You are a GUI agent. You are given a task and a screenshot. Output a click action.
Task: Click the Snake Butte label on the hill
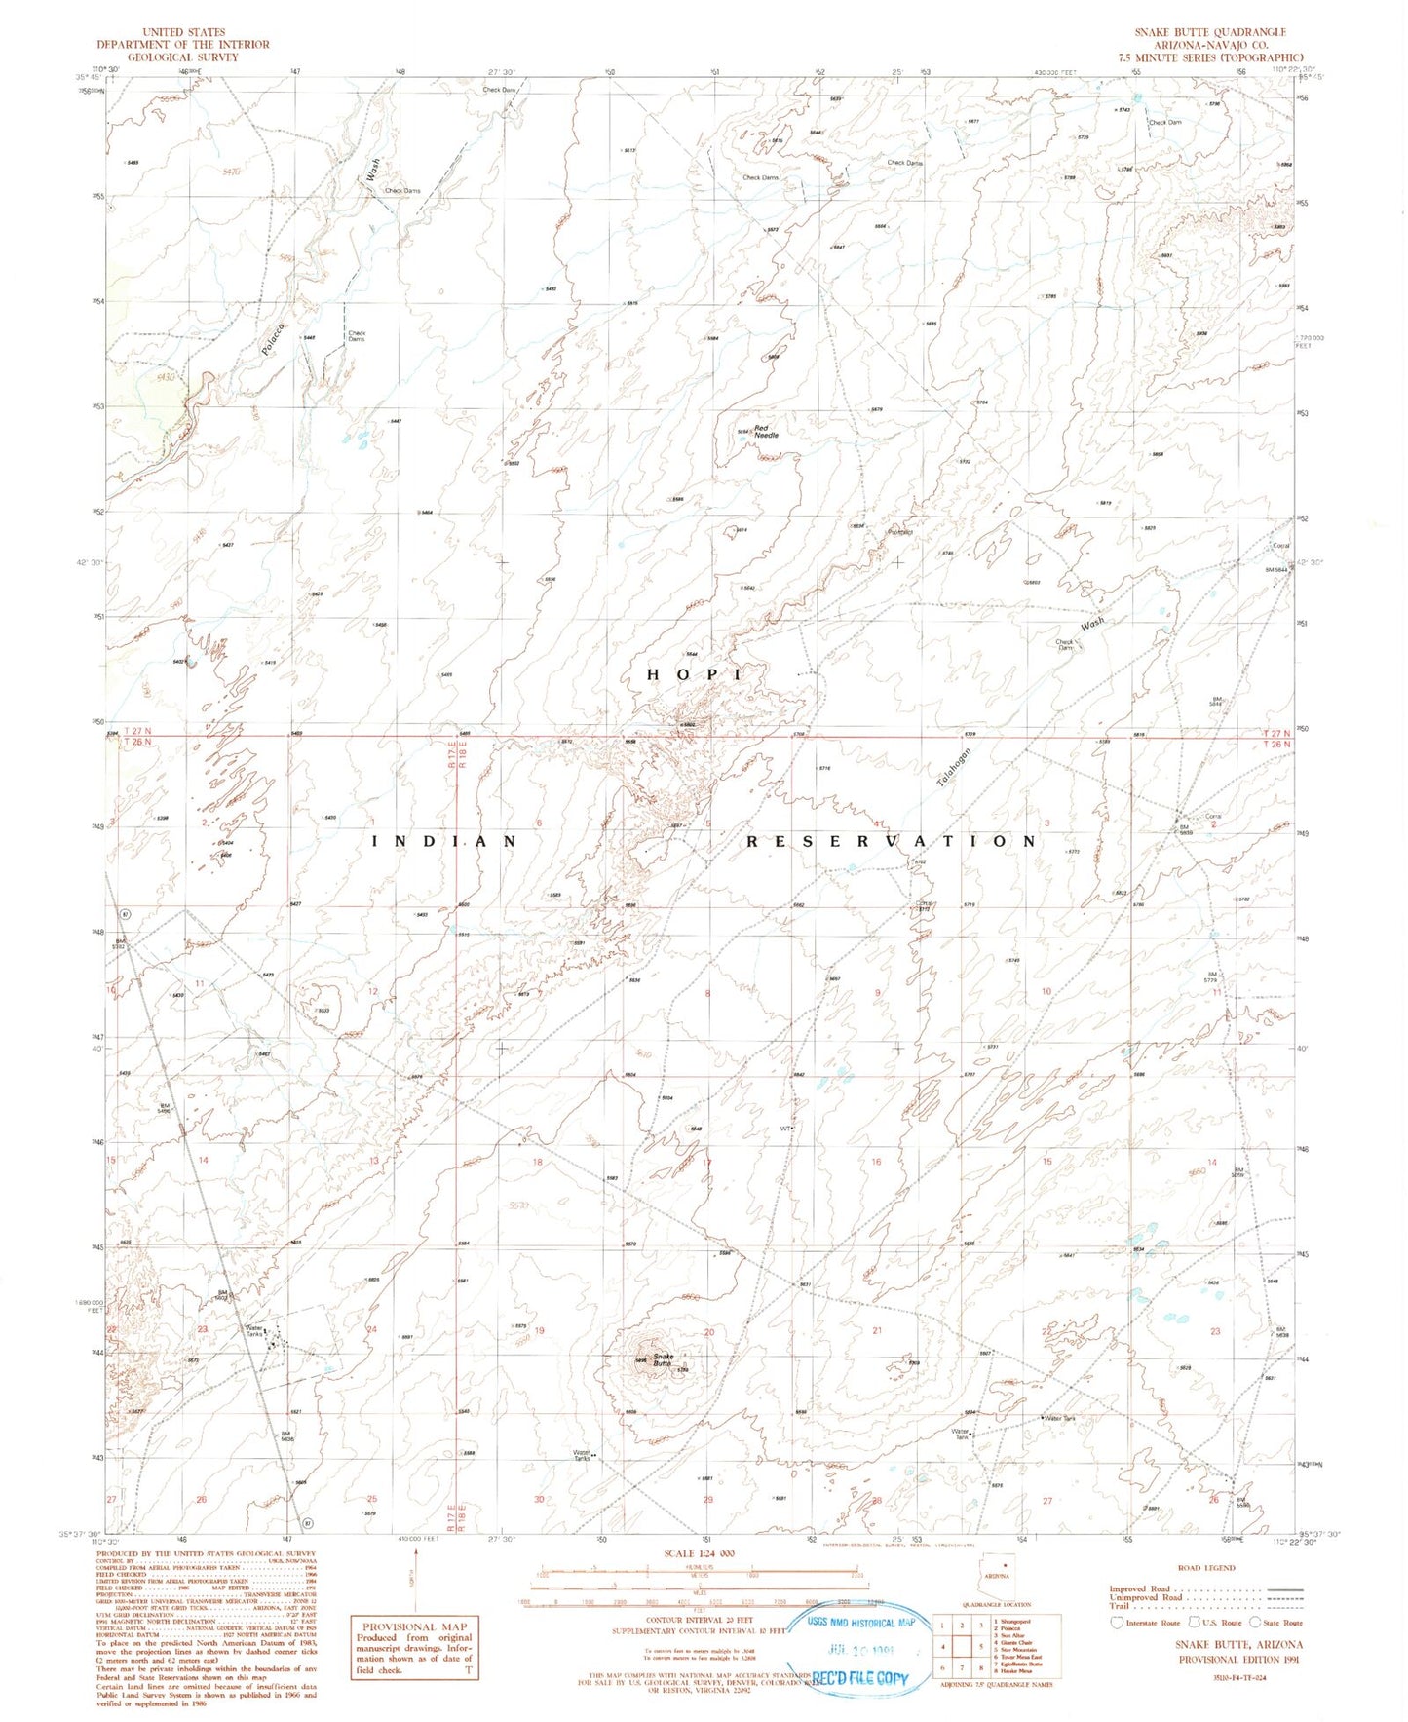(664, 1360)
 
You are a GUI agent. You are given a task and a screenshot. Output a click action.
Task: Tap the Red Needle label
(766, 432)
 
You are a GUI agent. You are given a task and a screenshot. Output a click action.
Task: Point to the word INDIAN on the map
(444, 841)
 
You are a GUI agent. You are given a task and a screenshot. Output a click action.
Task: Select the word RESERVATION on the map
(892, 841)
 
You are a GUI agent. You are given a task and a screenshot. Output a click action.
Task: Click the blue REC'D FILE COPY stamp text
(857, 1678)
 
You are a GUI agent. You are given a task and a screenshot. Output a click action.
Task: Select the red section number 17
(707, 1162)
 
